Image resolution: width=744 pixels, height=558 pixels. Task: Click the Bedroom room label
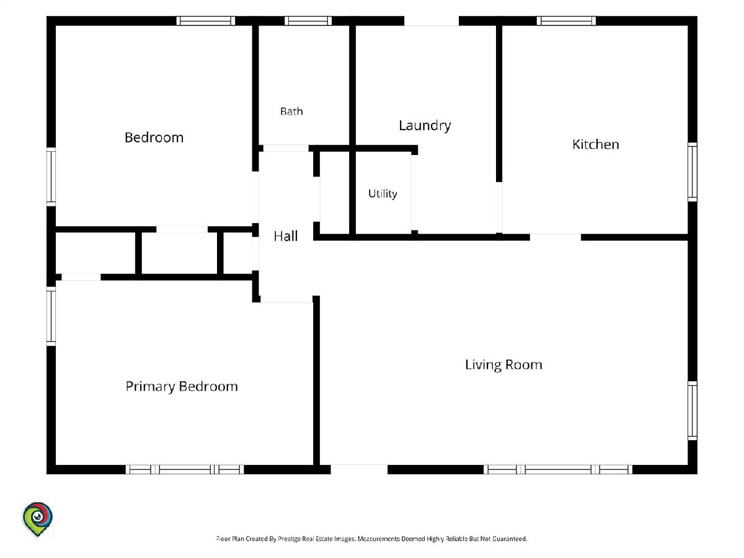(154, 138)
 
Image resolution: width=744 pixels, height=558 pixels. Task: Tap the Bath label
(291, 111)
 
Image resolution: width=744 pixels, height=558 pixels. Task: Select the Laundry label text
(425, 126)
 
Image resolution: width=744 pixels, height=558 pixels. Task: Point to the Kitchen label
(596, 144)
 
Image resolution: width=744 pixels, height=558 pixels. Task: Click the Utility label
(383, 194)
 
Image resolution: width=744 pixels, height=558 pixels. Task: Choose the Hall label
(286, 236)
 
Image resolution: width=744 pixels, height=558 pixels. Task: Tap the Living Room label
(503, 365)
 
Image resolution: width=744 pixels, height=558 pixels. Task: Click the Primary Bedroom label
(182, 386)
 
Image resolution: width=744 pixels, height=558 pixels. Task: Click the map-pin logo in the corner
(37, 519)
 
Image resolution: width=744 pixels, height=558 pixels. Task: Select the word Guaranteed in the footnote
(510, 538)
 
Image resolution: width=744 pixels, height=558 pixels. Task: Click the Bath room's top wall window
(308, 20)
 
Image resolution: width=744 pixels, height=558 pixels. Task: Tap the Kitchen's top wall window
(566, 20)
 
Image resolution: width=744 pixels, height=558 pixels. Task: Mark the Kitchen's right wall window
(693, 172)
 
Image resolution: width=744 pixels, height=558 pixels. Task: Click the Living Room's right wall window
(693, 410)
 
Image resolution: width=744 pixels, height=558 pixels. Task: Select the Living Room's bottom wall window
(557, 469)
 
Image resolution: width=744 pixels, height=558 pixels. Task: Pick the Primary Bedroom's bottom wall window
(185, 469)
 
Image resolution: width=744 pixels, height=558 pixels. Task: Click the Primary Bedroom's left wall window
(51, 316)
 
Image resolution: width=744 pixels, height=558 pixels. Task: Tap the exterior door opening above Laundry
(432, 20)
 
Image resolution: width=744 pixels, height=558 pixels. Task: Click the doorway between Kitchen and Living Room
(556, 237)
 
